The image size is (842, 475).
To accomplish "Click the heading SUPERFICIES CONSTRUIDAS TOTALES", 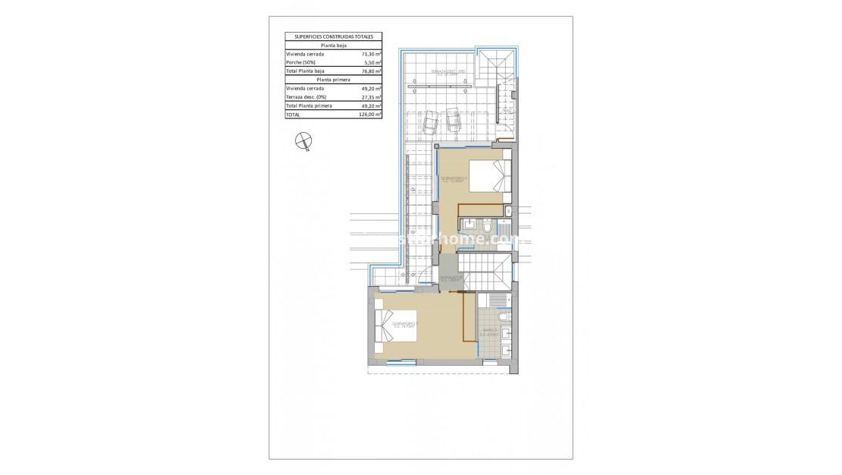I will point(333,36).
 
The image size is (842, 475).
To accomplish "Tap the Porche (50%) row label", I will point(300,62).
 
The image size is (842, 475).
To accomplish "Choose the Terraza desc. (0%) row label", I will point(306,97).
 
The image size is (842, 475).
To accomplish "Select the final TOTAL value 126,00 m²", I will point(370,115).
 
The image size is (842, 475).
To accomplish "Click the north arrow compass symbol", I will point(304,140).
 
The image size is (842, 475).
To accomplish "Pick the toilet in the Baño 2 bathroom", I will point(504,316).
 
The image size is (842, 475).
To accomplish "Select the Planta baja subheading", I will point(333,45).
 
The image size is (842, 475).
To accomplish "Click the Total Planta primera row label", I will point(308,105).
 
